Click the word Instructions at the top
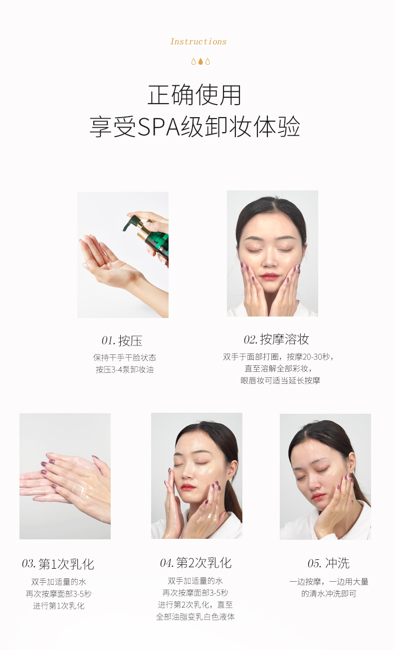[x=198, y=42]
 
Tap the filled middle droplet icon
[x=200, y=61]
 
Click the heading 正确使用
[x=195, y=95]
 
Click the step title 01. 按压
[x=122, y=340]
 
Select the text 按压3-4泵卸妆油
[x=125, y=370]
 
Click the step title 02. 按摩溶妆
[x=276, y=339]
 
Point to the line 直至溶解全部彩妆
[x=278, y=368]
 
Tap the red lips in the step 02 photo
[x=269, y=276]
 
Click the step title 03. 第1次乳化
[x=58, y=564]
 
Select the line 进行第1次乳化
[x=59, y=606]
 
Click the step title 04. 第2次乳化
[x=196, y=563]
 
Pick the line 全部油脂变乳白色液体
[x=196, y=617]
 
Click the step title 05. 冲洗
[x=328, y=563]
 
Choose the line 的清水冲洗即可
[x=329, y=594]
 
